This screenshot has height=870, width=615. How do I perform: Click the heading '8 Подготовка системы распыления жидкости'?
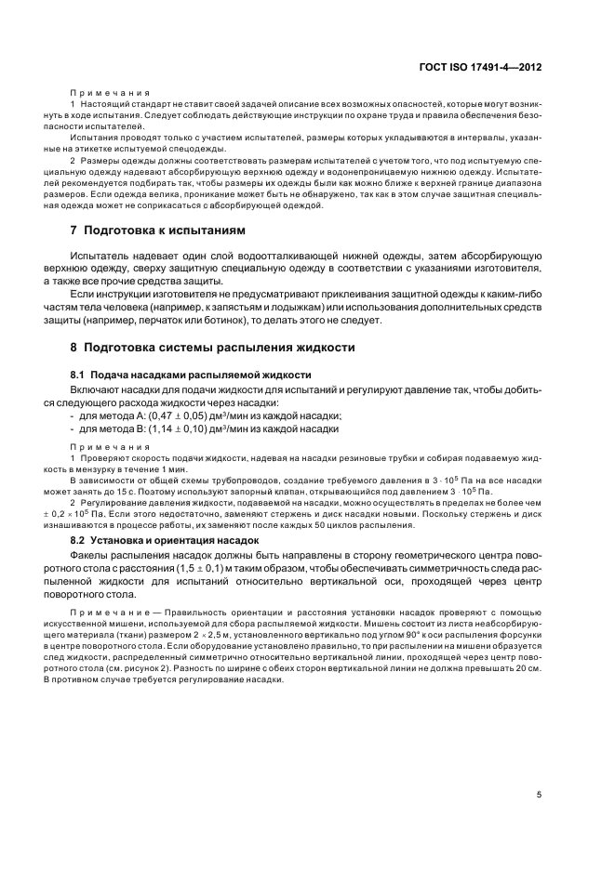tap(199, 347)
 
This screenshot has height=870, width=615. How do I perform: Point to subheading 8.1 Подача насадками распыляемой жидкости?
tap(173, 373)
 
